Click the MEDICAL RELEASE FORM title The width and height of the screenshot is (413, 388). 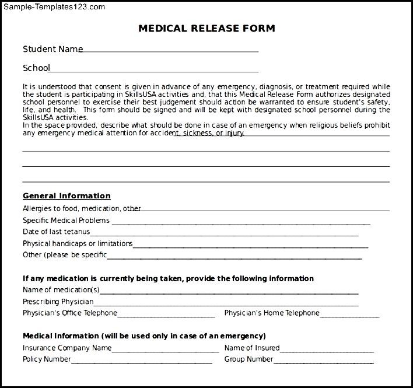(x=206, y=28)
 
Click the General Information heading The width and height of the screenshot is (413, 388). (x=66, y=196)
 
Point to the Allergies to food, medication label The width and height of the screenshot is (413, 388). (x=82, y=208)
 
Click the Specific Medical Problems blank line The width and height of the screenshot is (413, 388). (x=240, y=222)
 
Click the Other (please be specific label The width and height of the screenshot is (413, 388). (x=65, y=255)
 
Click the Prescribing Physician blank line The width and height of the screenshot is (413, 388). (x=226, y=303)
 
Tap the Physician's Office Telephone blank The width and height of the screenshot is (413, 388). (x=166, y=315)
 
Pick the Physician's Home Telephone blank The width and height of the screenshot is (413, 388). (x=349, y=315)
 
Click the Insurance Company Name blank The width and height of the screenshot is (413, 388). (x=165, y=350)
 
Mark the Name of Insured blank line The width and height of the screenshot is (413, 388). (x=327, y=350)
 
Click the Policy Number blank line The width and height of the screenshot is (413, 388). (x=142, y=362)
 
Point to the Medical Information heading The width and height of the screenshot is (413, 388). (x=144, y=336)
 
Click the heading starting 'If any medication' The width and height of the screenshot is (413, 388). (x=168, y=279)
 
